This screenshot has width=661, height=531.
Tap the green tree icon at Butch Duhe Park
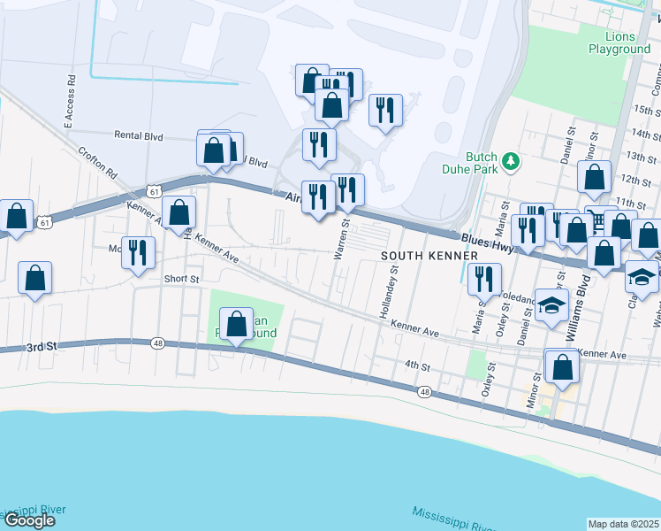[509, 161]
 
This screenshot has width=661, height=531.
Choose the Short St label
[181, 279]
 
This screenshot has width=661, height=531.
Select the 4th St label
[416, 365]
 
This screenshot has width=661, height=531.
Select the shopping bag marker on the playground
[236, 324]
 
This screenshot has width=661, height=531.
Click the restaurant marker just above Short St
[138, 253]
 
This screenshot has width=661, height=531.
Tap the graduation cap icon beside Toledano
[552, 307]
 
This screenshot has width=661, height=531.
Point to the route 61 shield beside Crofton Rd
[155, 191]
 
